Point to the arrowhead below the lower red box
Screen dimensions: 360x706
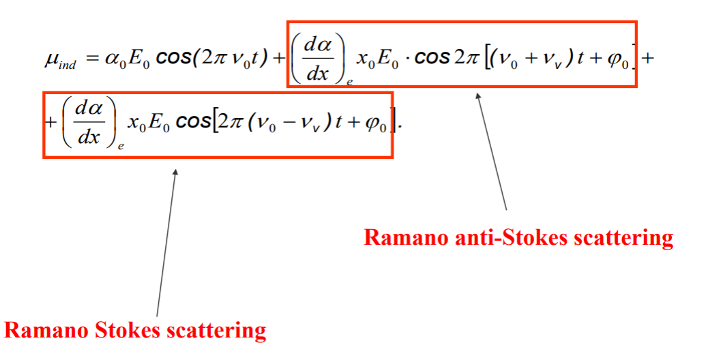point(175,172)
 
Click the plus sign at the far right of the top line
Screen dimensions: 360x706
point(648,58)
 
